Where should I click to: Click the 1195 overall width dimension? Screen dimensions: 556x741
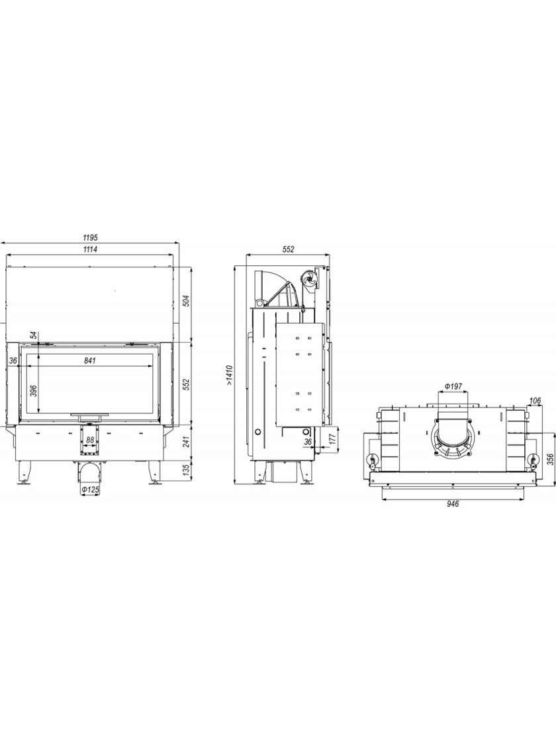point(90,236)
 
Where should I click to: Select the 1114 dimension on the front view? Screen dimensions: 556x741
point(90,250)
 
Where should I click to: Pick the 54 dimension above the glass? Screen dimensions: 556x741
point(33,335)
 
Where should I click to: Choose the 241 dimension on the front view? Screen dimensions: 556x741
point(186,441)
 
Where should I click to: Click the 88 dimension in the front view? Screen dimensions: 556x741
point(89,439)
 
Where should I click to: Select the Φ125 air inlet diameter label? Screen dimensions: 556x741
point(90,490)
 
